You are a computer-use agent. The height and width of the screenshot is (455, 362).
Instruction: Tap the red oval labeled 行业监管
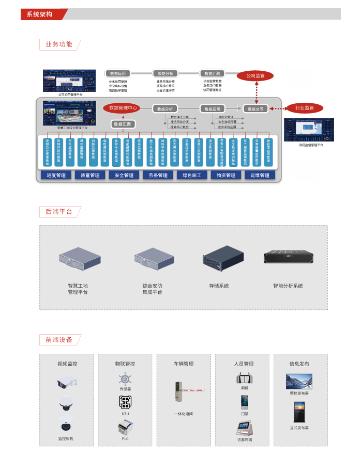[304, 108]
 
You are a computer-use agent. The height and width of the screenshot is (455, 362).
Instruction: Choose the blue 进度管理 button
[56, 176]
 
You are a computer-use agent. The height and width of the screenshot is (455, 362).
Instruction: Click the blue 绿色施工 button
[192, 176]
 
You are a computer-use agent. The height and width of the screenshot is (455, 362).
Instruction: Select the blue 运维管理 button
[260, 176]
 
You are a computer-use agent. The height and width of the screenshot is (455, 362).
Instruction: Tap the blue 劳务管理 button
[158, 176]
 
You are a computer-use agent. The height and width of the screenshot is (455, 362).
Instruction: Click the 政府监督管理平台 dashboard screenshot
[309, 130]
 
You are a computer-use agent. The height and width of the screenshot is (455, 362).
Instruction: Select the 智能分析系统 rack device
[288, 258]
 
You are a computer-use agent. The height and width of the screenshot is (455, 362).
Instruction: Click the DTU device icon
[125, 402]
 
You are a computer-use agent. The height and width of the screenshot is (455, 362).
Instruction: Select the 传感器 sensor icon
[125, 379]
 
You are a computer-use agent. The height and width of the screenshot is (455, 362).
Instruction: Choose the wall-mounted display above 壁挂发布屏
[299, 382]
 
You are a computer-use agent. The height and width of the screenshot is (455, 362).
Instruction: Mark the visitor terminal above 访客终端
[244, 428]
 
